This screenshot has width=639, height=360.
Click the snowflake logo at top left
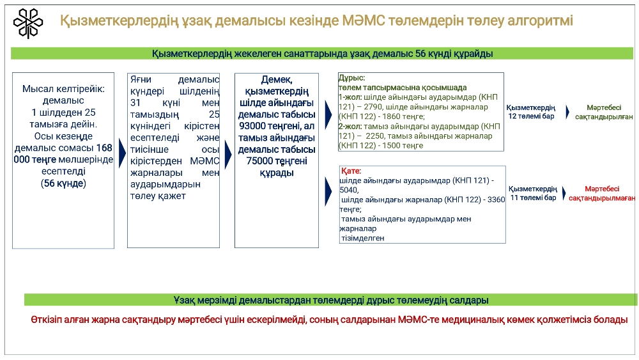click(27, 23)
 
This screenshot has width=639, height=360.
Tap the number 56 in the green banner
click(420, 54)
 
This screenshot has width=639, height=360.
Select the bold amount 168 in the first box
click(104, 148)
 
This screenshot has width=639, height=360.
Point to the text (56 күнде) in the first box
click(63, 184)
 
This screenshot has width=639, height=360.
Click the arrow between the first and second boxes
click(122, 153)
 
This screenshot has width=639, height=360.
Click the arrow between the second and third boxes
click(228, 154)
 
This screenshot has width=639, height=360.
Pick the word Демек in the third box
click(276, 80)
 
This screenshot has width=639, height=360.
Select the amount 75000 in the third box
click(259, 161)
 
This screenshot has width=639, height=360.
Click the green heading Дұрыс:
click(351, 78)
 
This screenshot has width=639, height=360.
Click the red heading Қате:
click(351, 171)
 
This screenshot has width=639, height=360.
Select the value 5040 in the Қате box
click(348, 191)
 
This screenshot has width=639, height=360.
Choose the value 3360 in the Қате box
click(496, 200)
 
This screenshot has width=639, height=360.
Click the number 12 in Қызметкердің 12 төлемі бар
click(512, 116)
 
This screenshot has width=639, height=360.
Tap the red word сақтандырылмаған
click(602, 198)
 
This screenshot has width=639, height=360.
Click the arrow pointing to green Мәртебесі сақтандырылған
click(567, 112)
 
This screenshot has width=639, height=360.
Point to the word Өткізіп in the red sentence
click(47, 320)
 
